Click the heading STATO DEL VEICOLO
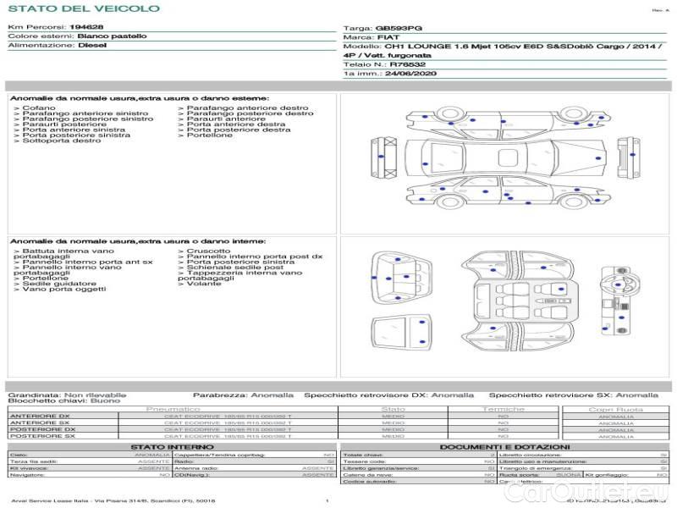click(83, 8)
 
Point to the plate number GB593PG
click(399, 28)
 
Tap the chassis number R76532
click(408, 64)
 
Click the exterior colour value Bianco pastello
click(112, 37)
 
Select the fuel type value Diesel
click(93, 46)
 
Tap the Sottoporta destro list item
click(61, 141)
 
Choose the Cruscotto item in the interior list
click(207, 251)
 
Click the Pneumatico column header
click(173, 409)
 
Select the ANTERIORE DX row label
click(39, 416)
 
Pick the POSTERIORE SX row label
click(41, 436)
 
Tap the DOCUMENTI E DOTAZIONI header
click(504, 446)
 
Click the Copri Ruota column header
click(615, 409)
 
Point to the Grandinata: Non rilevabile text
click(67, 395)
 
